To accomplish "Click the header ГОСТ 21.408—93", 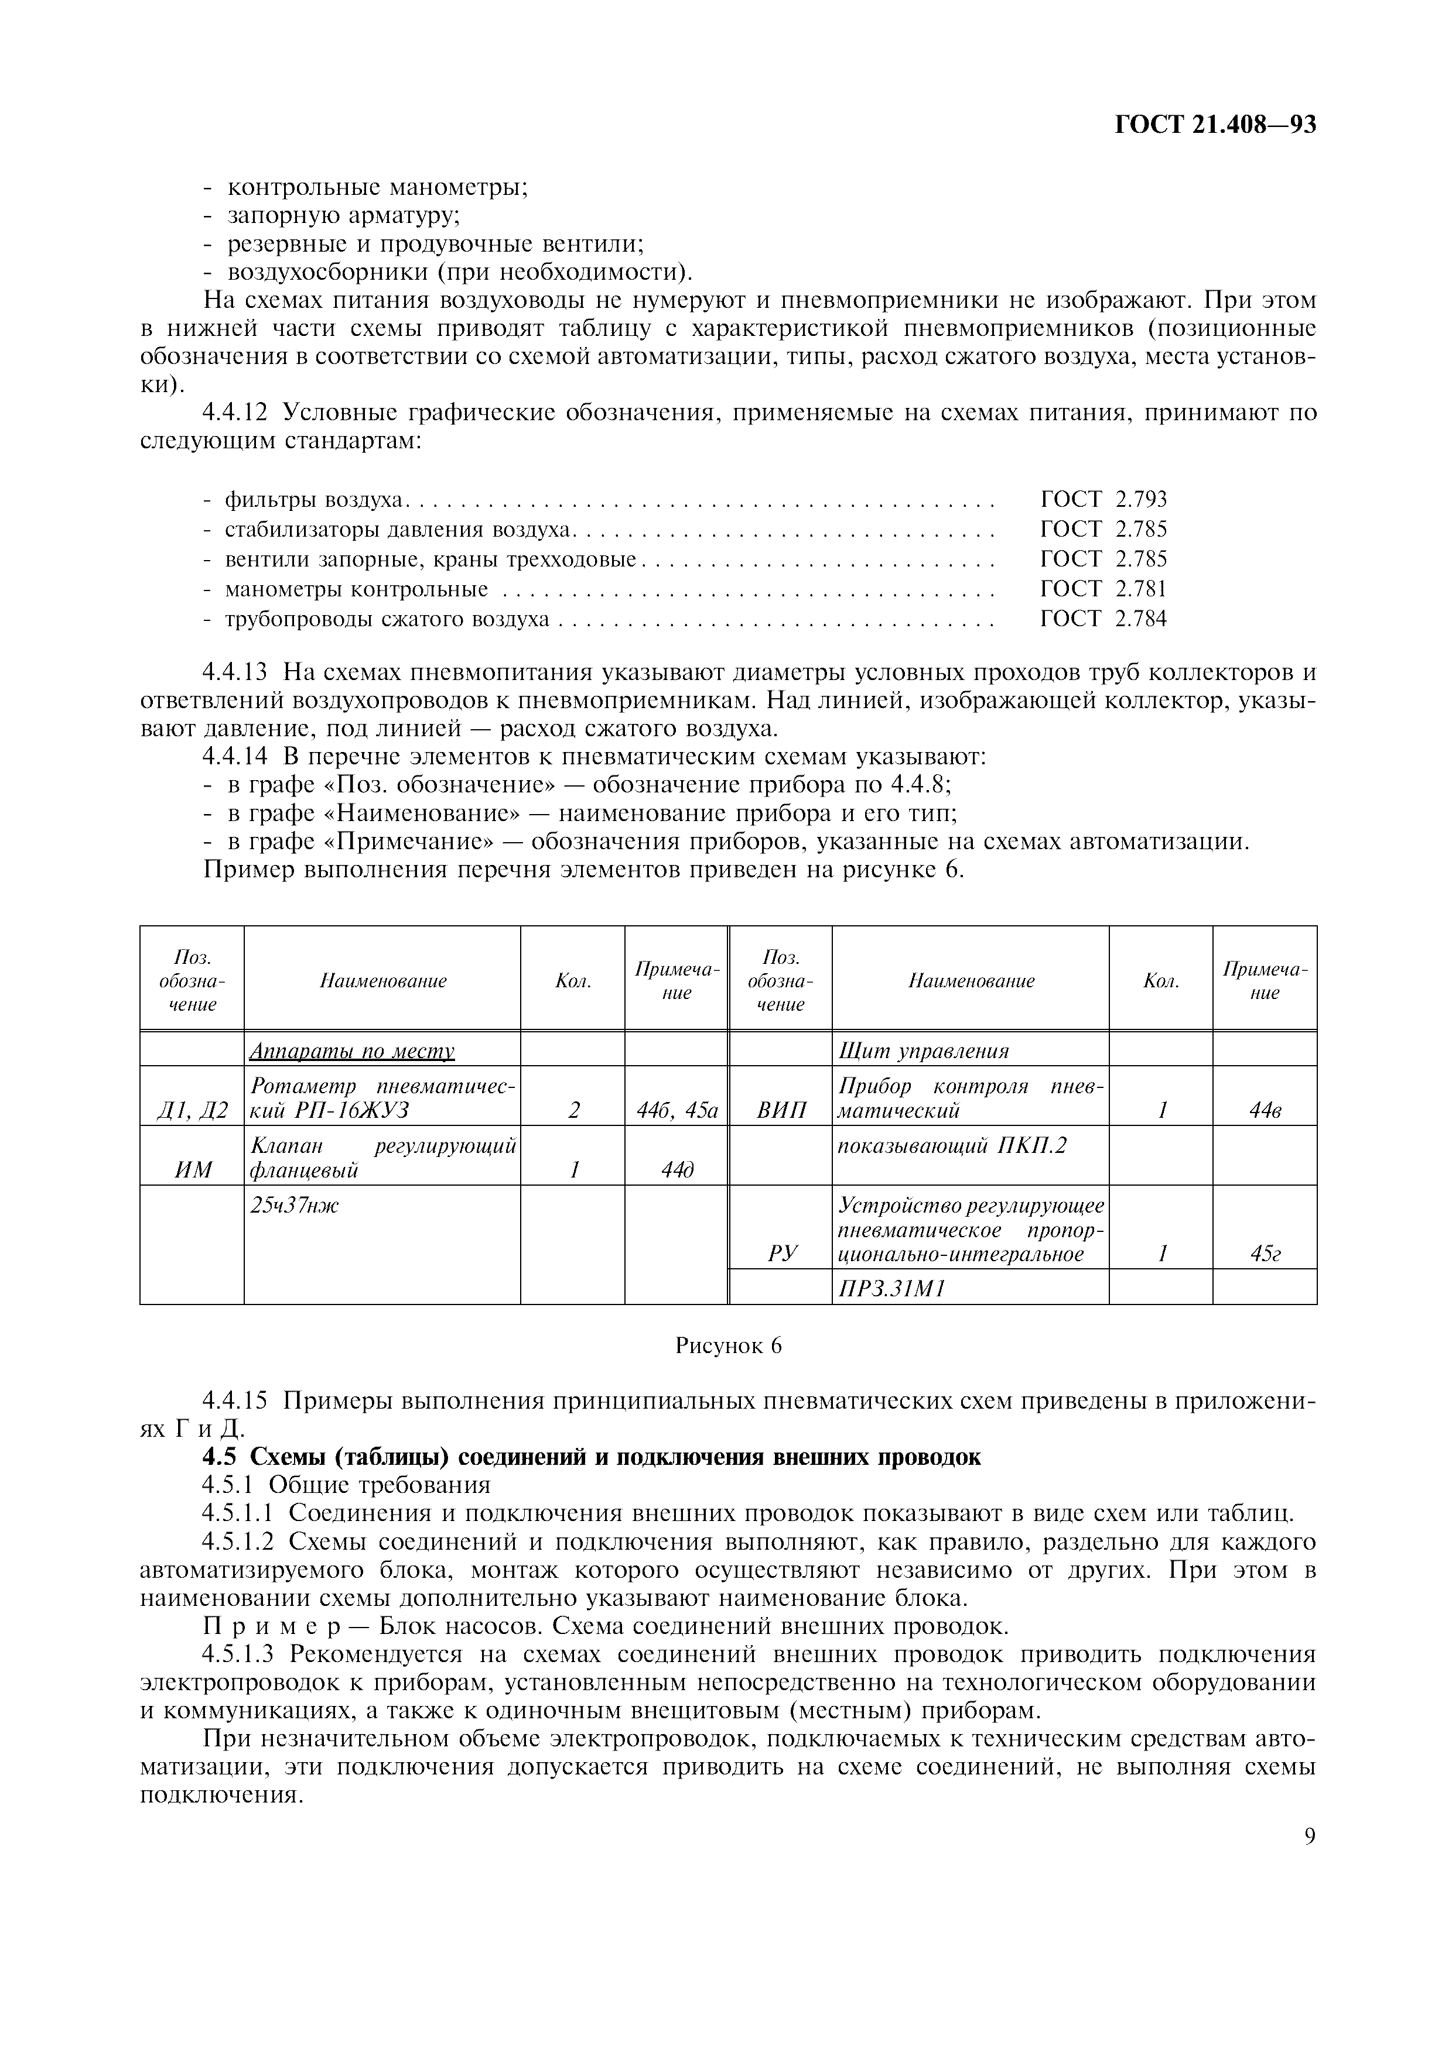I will pyautogui.click(x=1215, y=124).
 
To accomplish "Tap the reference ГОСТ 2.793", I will pyautogui.click(x=1103, y=499).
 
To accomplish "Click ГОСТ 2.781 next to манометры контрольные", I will pyautogui.click(x=1103, y=588).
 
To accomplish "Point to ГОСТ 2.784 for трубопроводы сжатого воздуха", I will pyautogui.click(x=1103, y=618).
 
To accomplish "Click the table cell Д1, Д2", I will pyautogui.click(x=192, y=1111).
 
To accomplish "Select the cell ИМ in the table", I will pyautogui.click(x=192, y=1169).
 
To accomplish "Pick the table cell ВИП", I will pyautogui.click(x=780, y=1111).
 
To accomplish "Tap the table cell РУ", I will pyautogui.click(x=780, y=1254).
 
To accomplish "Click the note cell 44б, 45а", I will pyautogui.click(x=677, y=1111).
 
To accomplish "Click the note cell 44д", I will pyautogui.click(x=677, y=1169).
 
